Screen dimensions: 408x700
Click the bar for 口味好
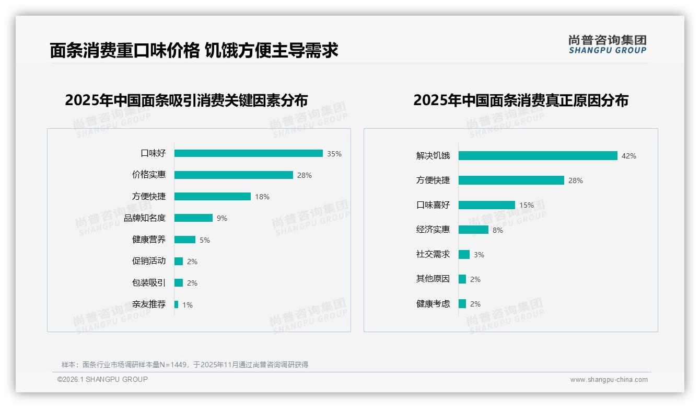tap(248, 153)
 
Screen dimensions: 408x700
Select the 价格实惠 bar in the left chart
tap(234, 175)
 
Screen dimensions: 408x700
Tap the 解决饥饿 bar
tap(538, 156)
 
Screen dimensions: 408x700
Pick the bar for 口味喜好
tap(486, 205)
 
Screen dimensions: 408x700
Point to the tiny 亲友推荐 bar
tap(177, 304)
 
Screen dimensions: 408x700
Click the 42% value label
tap(628, 156)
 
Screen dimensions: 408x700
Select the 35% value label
tap(334, 154)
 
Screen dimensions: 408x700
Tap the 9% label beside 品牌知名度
tap(222, 218)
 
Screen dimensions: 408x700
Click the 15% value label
tap(527, 205)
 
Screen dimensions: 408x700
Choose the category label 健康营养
tap(149, 240)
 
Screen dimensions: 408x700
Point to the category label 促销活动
tap(149, 261)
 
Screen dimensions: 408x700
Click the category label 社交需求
tap(433, 254)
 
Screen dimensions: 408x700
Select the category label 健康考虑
tap(433, 303)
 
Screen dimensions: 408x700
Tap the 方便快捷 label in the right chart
tap(433, 180)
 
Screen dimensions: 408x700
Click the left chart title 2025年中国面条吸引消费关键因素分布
tap(186, 100)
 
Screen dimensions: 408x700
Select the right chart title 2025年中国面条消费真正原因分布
tap(521, 100)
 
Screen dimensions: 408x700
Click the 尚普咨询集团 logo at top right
tap(607, 44)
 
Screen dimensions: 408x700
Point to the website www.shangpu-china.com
tap(609, 380)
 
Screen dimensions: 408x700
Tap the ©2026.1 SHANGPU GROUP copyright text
tap(102, 379)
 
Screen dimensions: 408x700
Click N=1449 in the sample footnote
tap(166, 365)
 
